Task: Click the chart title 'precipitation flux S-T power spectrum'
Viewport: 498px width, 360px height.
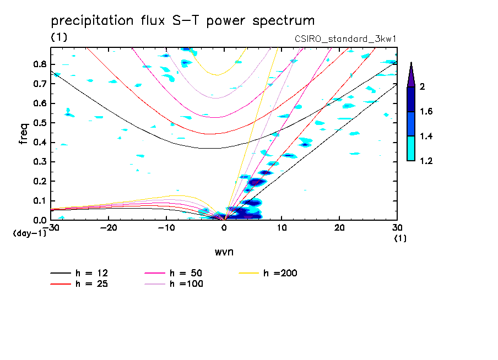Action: coord(183,21)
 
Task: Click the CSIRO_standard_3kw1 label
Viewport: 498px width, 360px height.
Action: coord(346,38)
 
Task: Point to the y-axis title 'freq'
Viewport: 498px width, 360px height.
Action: coord(24,133)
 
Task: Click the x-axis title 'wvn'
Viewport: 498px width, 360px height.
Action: coord(223,252)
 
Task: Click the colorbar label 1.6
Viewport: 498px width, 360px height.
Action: coord(426,112)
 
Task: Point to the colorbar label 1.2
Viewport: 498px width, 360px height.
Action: coord(426,161)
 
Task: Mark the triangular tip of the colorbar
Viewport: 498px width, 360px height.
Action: coord(411,74)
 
